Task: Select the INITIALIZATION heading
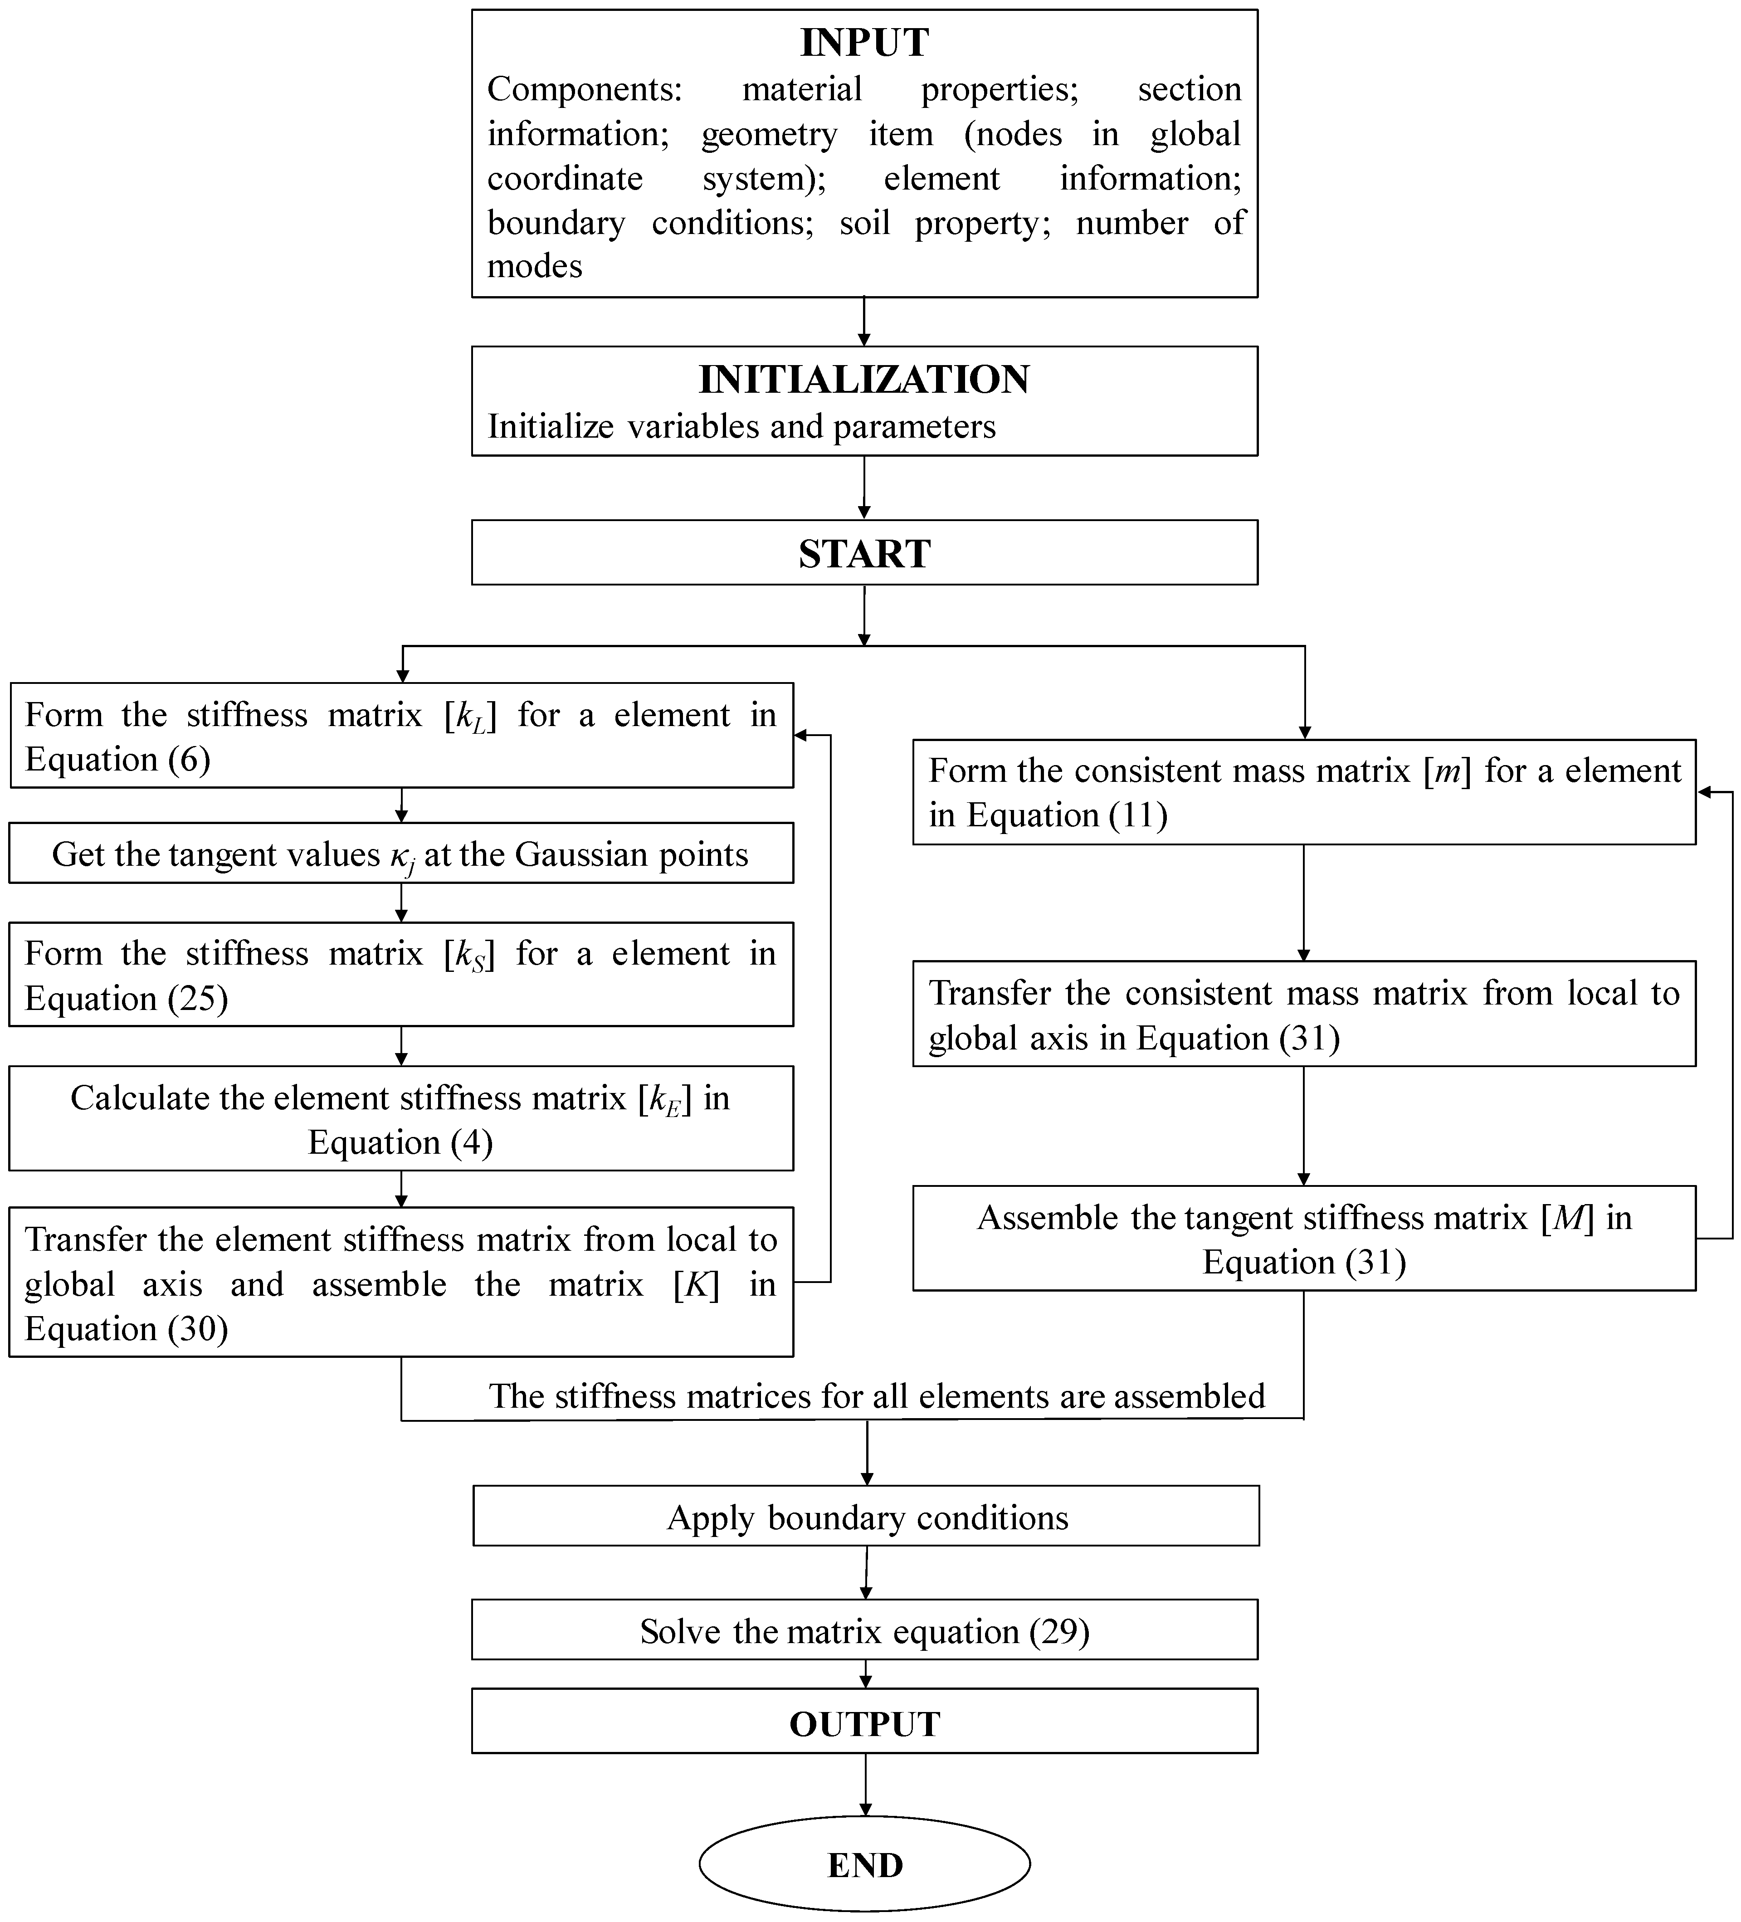click(864, 380)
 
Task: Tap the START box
click(864, 553)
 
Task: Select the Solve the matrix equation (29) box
click(864, 1631)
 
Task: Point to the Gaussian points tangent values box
click(400, 854)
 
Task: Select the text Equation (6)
click(117, 760)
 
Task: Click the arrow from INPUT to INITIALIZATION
click(864, 321)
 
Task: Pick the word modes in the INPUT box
click(535, 266)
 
